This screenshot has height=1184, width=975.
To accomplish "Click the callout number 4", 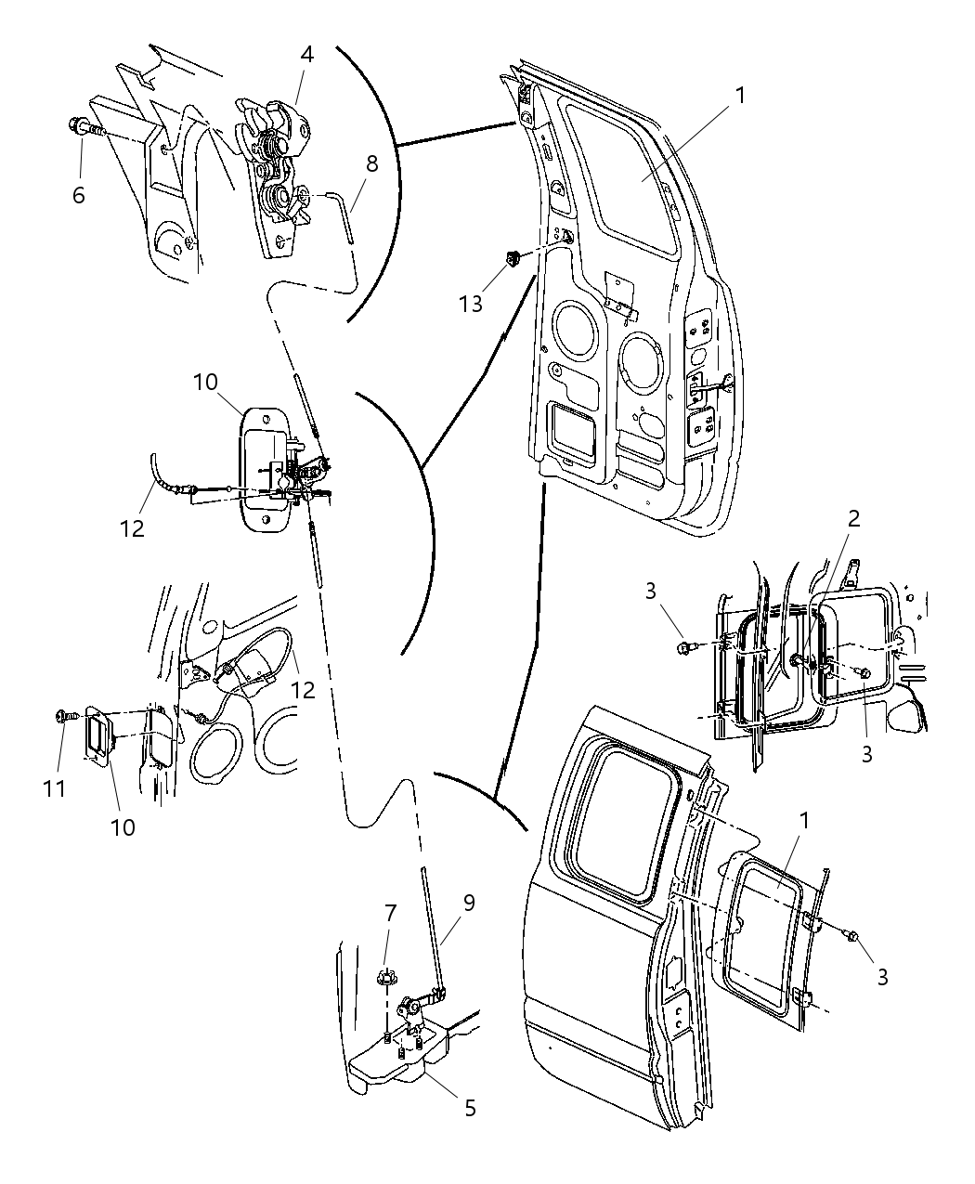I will tap(306, 54).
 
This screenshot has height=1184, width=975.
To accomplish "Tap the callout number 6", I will tap(78, 195).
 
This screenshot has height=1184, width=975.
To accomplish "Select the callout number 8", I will tap(371, 164).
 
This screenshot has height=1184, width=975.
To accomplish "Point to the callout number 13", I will tap(471, 303).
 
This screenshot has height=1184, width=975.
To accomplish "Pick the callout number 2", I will tap(853, 518).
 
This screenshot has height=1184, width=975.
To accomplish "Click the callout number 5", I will tap(470, 1108).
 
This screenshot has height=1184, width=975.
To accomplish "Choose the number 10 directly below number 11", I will tap(123, 826).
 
